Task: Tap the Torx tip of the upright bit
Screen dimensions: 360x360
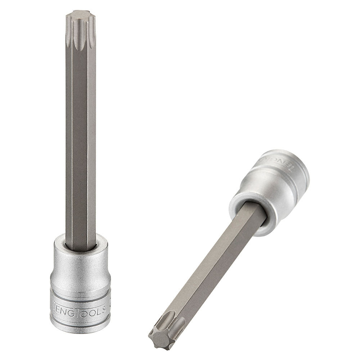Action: [81, 27]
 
